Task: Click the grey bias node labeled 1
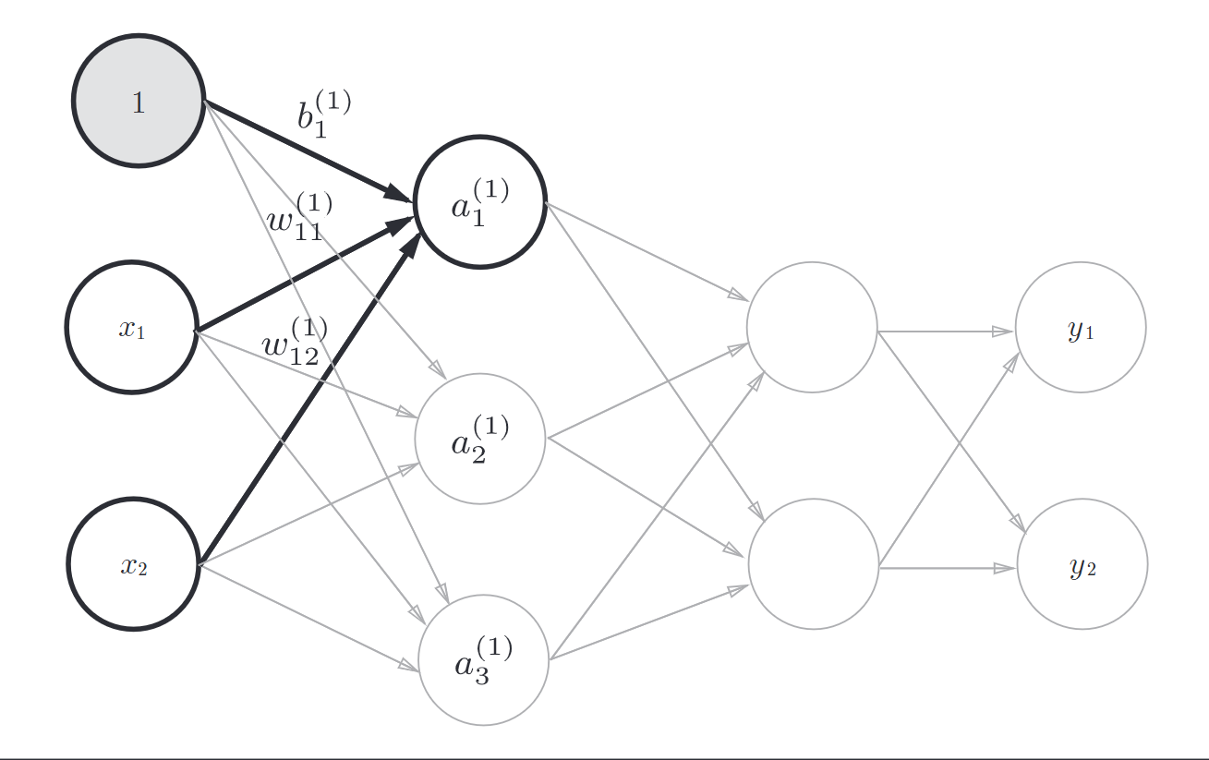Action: tap(139, 102)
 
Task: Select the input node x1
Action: tap(131, 328)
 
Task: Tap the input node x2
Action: tap(133, 564)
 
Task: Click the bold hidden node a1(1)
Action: tap(479, 202)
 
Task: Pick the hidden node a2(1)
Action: tap(479, 439)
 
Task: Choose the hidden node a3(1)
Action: tap(483, 659)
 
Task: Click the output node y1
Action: tap(1081, 328)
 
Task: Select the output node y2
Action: tap(1082, 564)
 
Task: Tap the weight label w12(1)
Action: tap(295, 341)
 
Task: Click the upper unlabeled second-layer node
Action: tap(812, 328)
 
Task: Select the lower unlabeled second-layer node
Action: tap(814, 564)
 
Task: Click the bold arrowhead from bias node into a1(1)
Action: tap(399, 194)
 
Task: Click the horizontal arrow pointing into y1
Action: tap(946, 331)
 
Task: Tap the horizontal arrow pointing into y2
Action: tap(948, 568)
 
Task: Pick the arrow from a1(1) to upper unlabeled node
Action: tap(647, 250)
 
